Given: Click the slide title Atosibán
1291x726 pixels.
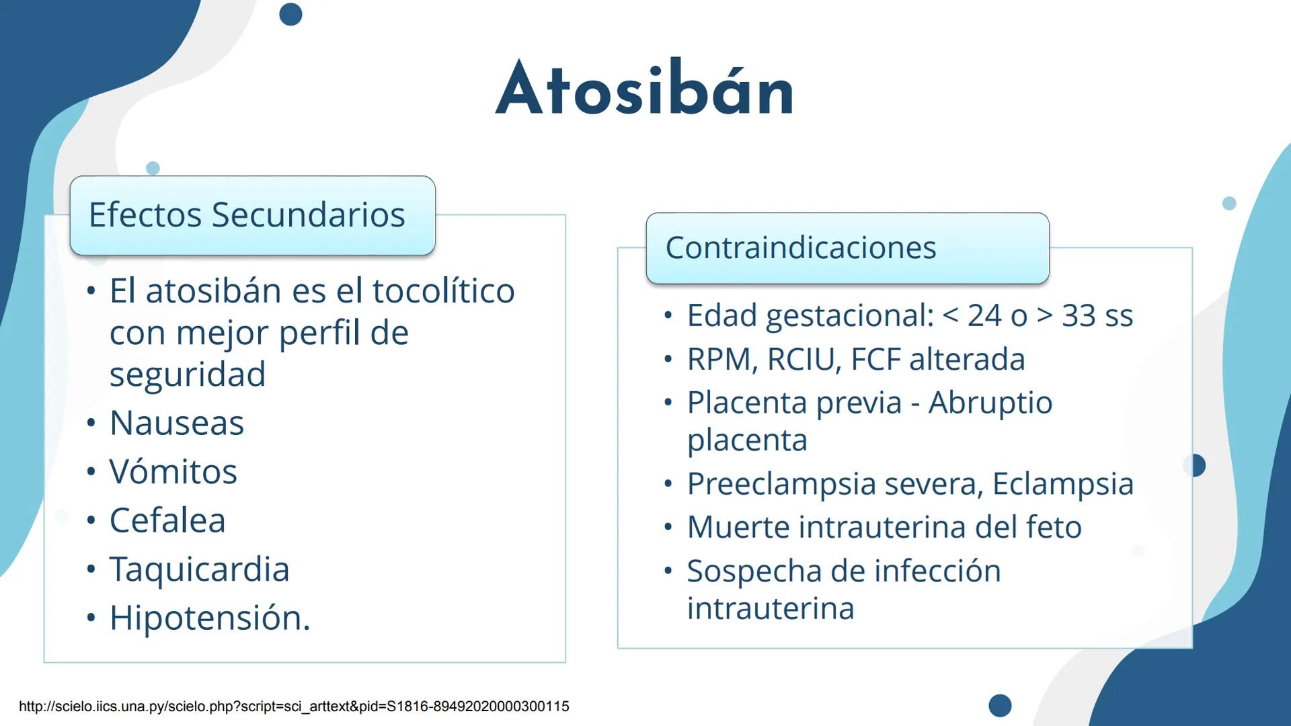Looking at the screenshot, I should click(645, 89).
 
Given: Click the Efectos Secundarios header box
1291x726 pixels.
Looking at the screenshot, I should click(252, 215).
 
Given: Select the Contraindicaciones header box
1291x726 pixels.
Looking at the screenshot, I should click(847, 247).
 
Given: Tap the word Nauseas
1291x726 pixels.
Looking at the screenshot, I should click(176, 423).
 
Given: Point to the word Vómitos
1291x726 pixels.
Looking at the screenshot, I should click(173, 471).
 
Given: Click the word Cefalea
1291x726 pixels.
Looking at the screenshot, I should click(167, 520).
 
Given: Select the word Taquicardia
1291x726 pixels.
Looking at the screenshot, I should click(199, 569).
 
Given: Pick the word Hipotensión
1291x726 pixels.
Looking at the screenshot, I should click(208, 618).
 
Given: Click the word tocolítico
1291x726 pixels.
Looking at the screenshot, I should click(443, 291).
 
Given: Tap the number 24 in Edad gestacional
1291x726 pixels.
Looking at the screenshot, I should click(984, 315).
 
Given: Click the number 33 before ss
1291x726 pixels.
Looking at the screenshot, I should click(1079, 315).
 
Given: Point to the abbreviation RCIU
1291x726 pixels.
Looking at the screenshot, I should click(804, 359).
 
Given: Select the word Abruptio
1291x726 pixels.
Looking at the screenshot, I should click(990, 403).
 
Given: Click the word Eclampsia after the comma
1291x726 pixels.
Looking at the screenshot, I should click(1062, 484).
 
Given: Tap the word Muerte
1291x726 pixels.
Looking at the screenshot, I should click(738, 527).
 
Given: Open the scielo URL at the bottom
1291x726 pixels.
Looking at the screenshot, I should click(294, 707).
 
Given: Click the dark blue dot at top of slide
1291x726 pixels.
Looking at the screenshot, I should click(290, 14).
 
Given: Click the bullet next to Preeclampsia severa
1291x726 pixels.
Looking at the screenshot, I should click(668, 485).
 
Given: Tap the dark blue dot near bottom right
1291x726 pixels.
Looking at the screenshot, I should click(1000, 705).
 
